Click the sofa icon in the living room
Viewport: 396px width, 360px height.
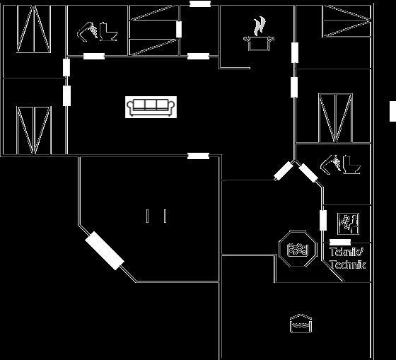(151, 107)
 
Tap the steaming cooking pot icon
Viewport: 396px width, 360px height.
(259, 34)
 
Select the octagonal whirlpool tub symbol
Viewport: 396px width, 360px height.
(298, 249)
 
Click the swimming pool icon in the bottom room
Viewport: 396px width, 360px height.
(301, 324)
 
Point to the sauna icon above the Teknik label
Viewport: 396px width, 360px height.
(348, 223)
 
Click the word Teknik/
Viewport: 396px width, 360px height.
(346, 252)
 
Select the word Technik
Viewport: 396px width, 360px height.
(348, 265)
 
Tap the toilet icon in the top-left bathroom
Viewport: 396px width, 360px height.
(108, 32)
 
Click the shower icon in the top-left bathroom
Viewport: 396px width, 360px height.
(88, 32)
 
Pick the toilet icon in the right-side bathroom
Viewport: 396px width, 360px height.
(351, 165)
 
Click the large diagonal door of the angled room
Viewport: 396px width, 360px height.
(105, 250)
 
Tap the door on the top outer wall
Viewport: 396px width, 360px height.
(200, 4)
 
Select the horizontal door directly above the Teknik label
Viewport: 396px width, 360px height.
(340, 243)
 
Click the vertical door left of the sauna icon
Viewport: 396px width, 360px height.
(323, 220)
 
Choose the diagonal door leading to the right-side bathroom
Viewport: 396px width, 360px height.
(308, 173)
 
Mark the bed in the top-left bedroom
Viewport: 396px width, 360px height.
(34, 29)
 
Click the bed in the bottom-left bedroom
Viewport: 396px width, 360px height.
(34, 130)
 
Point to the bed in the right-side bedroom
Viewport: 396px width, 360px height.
(335, 118)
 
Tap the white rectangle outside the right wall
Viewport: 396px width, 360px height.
(392, 111)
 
